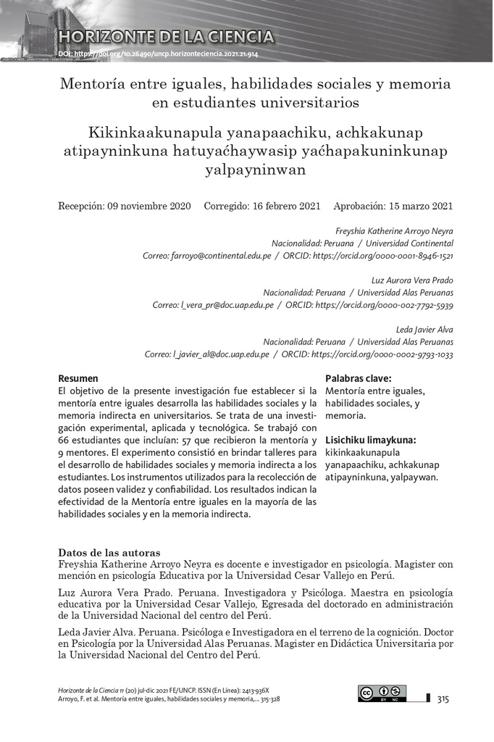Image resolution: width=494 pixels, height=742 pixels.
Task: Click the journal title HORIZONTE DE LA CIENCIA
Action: pyautogui.click(x=167, y=36)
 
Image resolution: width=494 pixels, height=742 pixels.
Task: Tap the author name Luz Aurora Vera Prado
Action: pyautogui.click(x=411, y=280)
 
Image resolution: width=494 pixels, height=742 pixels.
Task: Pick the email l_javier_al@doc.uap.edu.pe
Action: pyautogui.click(x=220, y=354)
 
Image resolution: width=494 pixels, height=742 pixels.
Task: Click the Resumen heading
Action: pyautogui.click(x=78, y=378)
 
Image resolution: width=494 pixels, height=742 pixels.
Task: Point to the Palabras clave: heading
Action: pyautogui.click(x=359, y=378)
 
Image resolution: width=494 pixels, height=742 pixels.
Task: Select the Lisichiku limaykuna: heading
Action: pyautogui.click(x=371, y=440)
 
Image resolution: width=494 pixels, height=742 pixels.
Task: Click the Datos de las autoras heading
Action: pyautogui.click(x=109, y=552)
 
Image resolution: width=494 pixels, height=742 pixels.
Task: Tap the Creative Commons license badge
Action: pyautogui.click(x=382, y=693)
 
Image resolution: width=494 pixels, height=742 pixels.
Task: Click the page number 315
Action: pyautogui.click(x=443, y=699)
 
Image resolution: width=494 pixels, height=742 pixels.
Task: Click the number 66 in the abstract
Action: pyautogui.click(x=64, y=440)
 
